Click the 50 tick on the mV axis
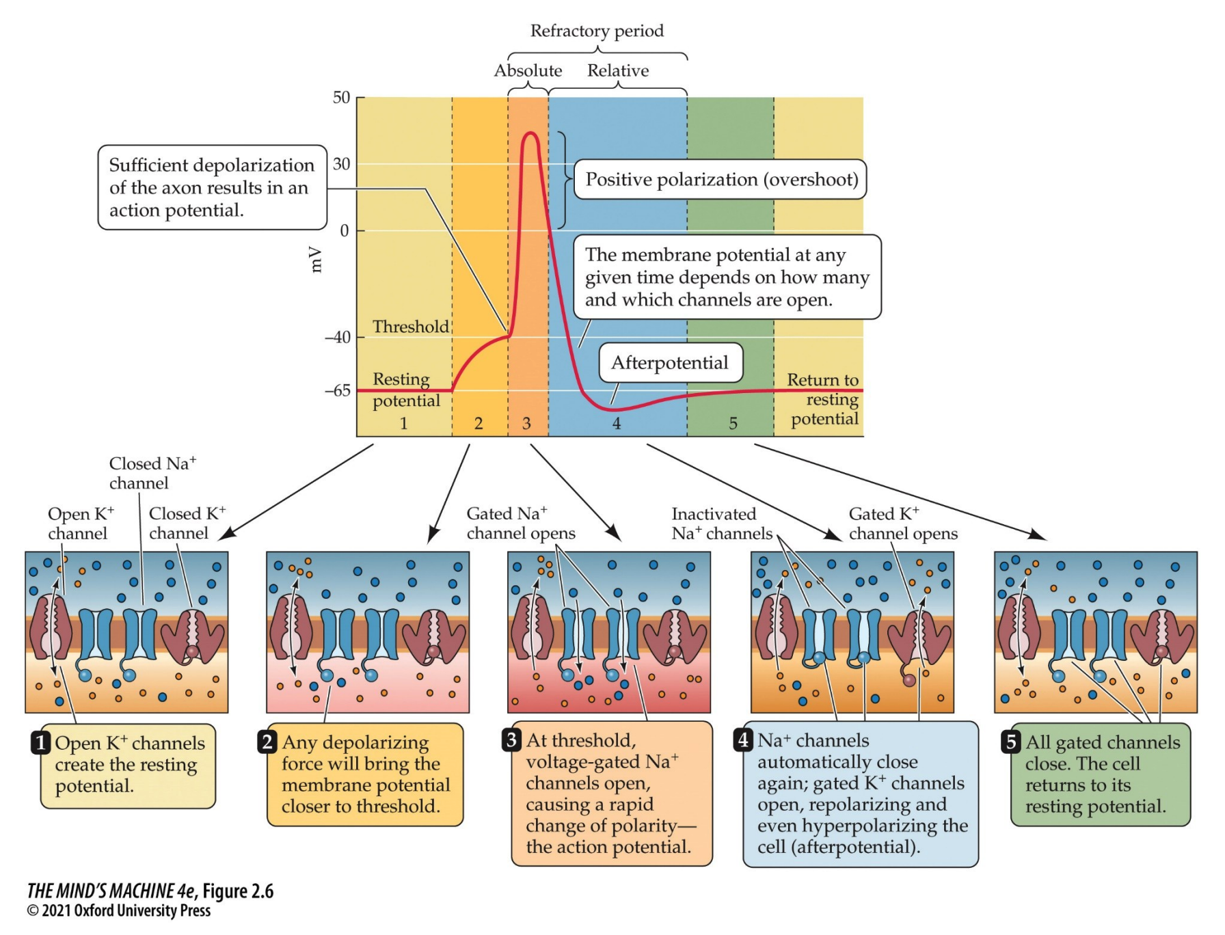tap(342, 98)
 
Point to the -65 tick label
tap(338, 391)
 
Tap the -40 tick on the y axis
tap(338, 337)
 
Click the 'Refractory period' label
tap(597, 31)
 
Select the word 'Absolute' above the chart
tap(528, 70)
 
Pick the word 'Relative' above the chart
tap(618, 70)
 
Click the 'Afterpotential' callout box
tap(670, 362)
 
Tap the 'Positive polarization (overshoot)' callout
tap(721, 179)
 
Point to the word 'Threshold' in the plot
tap(411, 327)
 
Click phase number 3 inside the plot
tap(526, 423)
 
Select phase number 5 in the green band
tap(733, 423)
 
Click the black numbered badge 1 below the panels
tap(41, 742)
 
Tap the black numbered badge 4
tap(744, 740)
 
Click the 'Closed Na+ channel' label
tap(152, 473)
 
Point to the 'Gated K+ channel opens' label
tap(902, 524)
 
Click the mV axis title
tap(315, 259)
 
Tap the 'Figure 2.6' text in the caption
tap(238, 891)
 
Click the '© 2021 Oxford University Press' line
tap(119, 911)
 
